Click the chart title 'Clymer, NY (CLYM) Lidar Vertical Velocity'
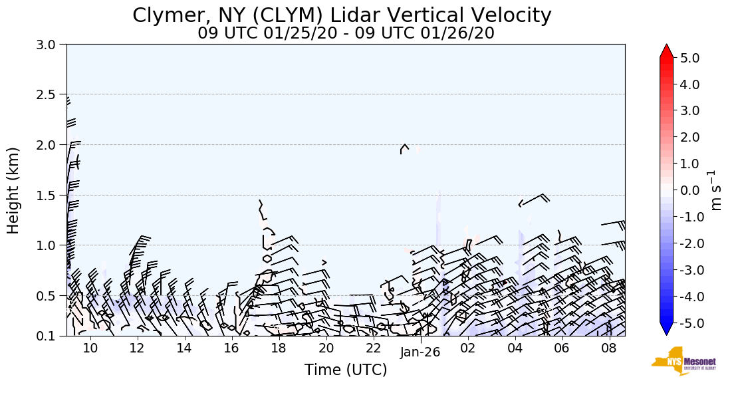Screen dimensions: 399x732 [342, 15]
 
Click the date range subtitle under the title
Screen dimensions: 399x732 [346, 33]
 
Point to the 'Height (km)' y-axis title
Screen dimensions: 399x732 [13, 190]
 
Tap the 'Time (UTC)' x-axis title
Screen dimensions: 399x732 [346, 370]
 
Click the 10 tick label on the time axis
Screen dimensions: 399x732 [90, 348]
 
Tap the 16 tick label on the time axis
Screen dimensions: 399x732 [231, 348]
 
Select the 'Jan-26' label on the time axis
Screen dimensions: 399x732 [420, 353]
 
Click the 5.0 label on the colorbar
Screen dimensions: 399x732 [689, 58]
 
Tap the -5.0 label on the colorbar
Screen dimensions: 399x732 [687, 323]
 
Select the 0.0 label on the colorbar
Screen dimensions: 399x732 [689, 190]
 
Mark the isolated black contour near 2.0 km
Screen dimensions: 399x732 [404, 148]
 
